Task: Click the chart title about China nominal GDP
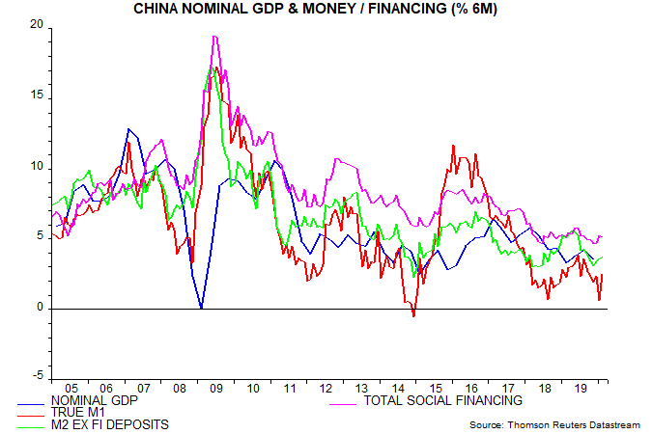[326, 10]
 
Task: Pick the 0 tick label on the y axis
[40, 309]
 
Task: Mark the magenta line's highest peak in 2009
[213, 37]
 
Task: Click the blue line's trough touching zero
[201, 308]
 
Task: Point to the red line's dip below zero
[414, 315]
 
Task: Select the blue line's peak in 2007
[128, 129]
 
